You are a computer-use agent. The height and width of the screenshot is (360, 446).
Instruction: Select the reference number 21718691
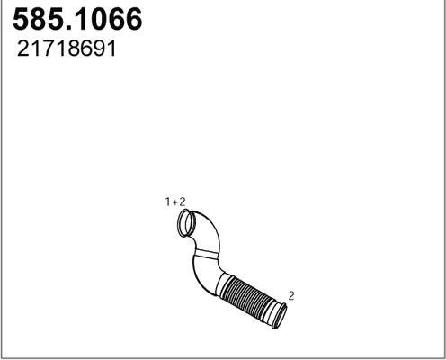click(x=67, y=49)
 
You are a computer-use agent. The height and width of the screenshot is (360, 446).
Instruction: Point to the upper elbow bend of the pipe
click(x=209, y=234)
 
